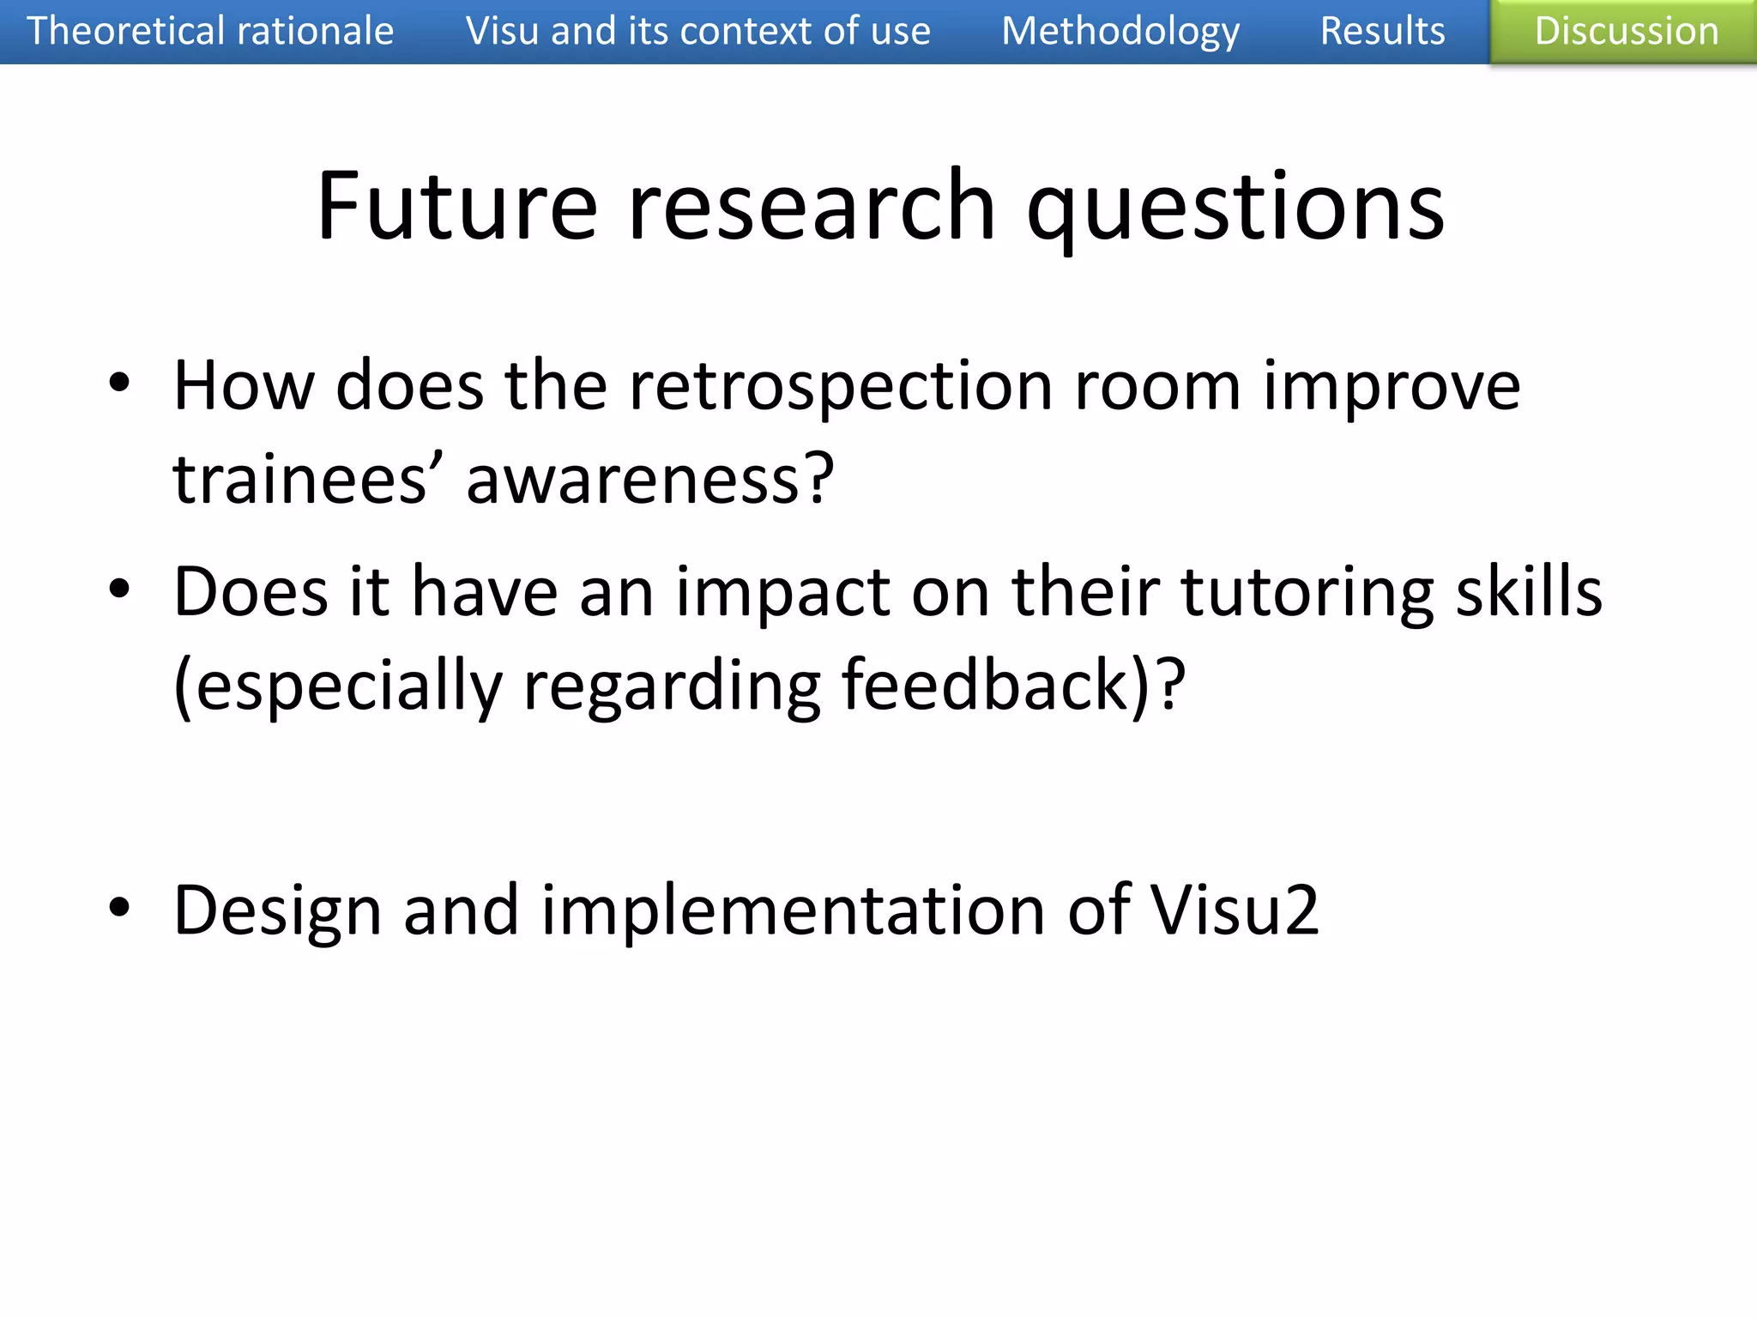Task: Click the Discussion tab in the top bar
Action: (1625, 32)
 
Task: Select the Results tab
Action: (1382, 32)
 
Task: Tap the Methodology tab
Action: (1120, 32)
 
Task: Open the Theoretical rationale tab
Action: (210, 32)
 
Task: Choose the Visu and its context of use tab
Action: (697, 32)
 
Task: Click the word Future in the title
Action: (456, 206)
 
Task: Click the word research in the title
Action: (812, 206)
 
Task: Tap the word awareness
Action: (649, 479)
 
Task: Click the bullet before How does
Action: (119, 383)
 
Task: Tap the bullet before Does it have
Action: (119, 589)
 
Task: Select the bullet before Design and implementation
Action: (119, 907)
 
